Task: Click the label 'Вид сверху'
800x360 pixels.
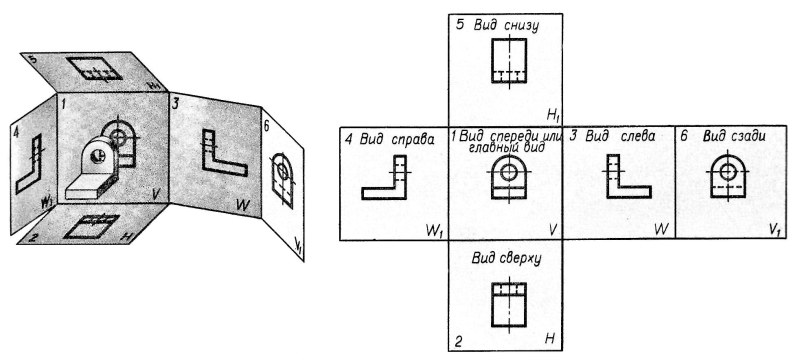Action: [507, 257]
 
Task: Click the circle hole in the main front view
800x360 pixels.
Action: [509, 171]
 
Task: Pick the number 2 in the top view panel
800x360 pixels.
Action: [458, 342]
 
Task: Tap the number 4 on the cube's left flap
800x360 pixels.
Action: [16, 130]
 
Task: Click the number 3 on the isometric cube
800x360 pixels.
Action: [175, 103]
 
